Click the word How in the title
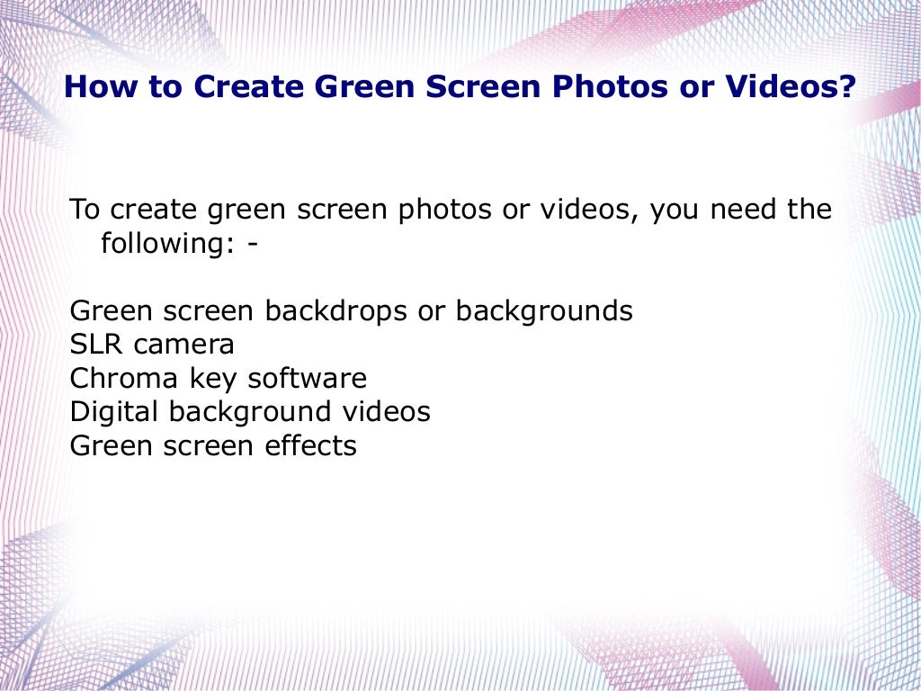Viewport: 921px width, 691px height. [x=96, y=87]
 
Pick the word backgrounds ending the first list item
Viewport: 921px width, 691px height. [x=544, y=311]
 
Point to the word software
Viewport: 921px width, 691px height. [x=307, y=378]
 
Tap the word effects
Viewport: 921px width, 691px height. [x=310, y=445]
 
